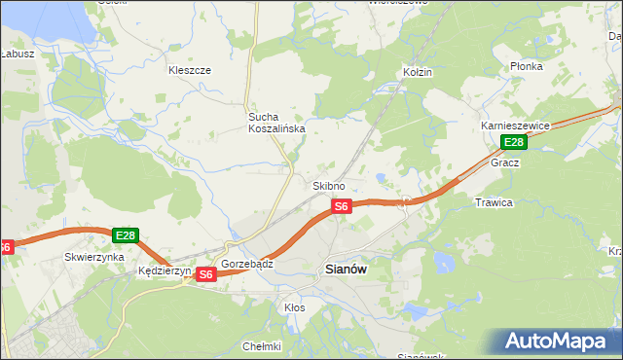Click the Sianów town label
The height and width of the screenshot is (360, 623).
(x=345, y=271)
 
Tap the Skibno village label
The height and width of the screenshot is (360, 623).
(x=328, y=186)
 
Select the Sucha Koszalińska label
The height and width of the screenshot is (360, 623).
(x=275, y=122)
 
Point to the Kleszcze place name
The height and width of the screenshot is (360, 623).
(x=190, y=70)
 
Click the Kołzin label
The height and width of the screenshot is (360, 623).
(x=417, y=72)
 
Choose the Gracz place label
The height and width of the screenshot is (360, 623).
(x=505, y=162)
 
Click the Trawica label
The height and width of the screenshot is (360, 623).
(x=494, y=202)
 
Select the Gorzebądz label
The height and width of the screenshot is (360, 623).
(x=247, y=264)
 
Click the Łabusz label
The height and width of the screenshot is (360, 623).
(x=17, y=54)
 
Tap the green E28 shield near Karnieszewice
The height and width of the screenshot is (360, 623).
(x=514, y=143)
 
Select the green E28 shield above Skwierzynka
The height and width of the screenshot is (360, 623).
(x=126, y=235)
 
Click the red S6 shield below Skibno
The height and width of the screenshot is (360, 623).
(x=341, y=206)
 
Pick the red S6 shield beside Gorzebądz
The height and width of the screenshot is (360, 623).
(x=205, y=275)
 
